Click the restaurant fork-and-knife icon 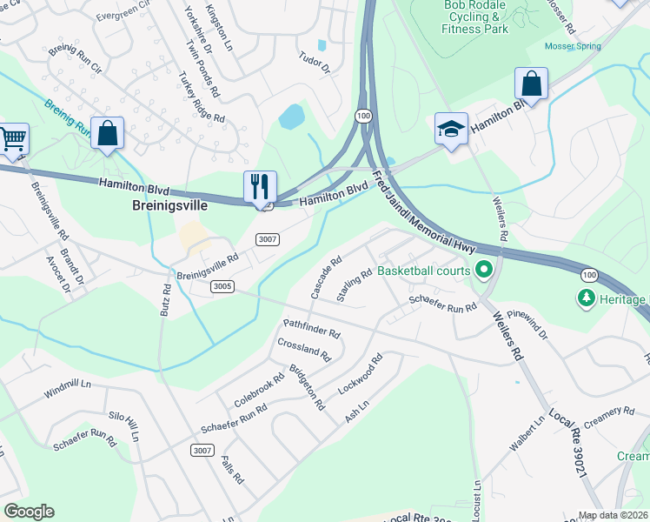click(x=260, y=186)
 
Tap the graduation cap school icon click(x=451, y=129)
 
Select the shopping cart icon click(x=12, y=138)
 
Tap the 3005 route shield click(x=222, y=285)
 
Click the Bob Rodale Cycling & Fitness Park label click(x=475, y=17)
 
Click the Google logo click(x=28, y=512)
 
